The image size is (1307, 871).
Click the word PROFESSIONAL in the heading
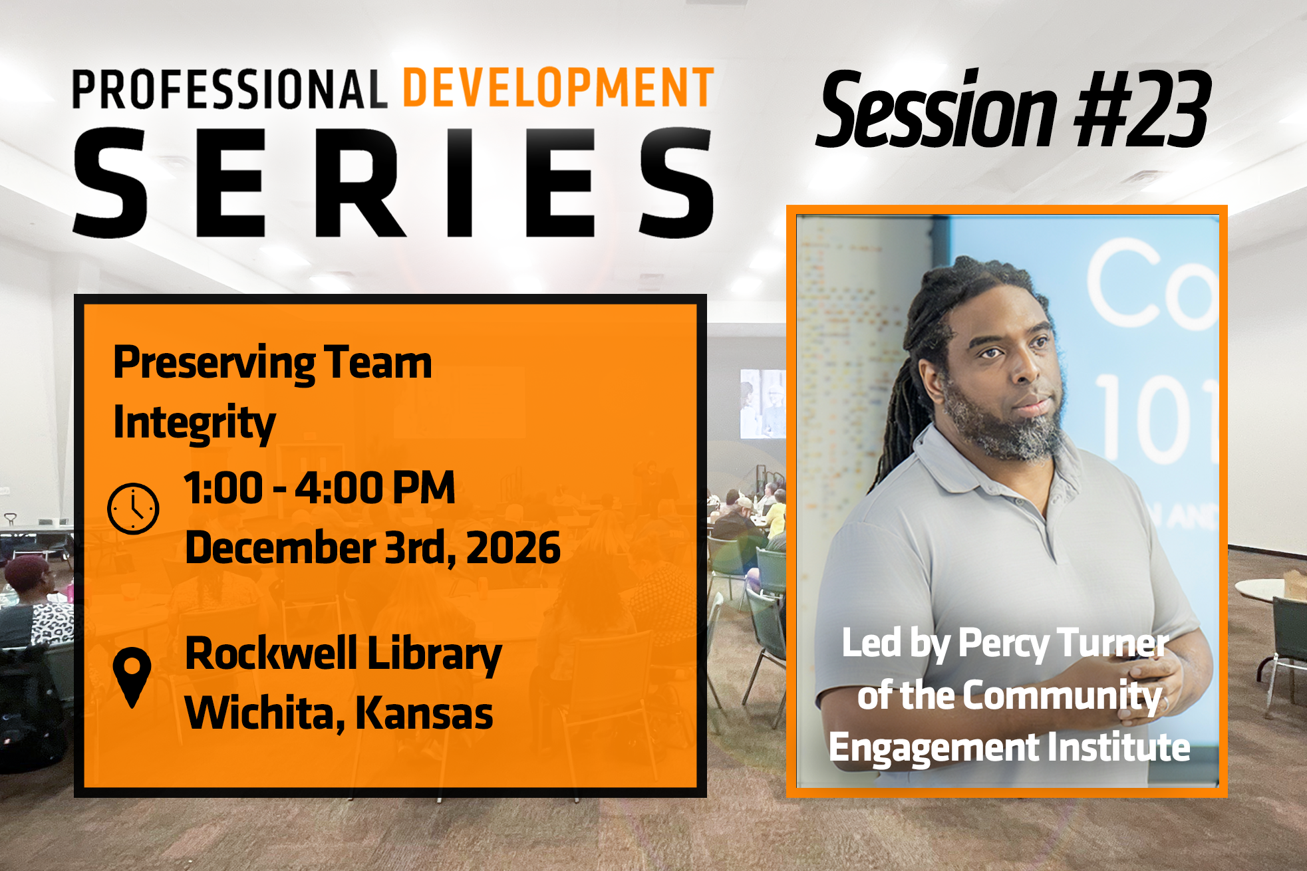[229, 89]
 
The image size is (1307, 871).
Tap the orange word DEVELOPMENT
[559, 87]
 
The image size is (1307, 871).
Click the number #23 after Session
[1142, 109]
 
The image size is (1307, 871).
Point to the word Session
[937, 109]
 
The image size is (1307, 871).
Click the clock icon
[133, 509]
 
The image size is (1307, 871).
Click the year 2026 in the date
[513, 548]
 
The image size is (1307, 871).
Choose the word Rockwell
[271, 653]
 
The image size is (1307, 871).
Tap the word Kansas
[424, 713]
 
